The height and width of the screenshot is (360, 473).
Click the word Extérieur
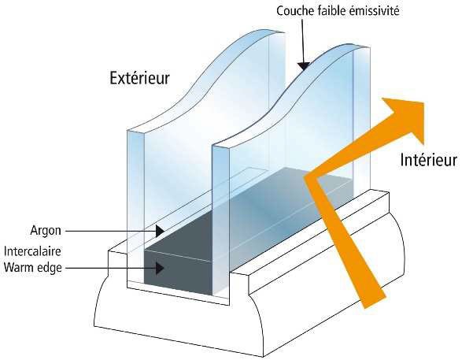139,78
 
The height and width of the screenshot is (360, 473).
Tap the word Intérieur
429,159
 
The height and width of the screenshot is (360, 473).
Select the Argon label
46,231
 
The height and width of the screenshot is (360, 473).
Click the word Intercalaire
32,251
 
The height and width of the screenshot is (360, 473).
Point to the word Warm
18,267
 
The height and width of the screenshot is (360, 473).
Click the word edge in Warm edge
49,269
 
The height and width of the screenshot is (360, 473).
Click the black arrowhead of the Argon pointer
160,231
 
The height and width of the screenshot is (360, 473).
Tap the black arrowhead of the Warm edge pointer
160,268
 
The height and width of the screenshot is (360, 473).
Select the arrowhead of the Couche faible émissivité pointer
304,65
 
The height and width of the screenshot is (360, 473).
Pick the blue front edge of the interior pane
221,221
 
